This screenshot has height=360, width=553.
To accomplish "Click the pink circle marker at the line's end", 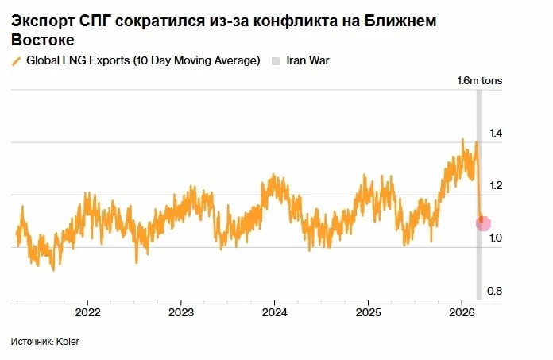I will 483,224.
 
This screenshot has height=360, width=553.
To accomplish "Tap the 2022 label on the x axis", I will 87,311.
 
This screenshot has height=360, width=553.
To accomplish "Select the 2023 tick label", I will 181,311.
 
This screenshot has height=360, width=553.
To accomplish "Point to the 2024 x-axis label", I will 274,311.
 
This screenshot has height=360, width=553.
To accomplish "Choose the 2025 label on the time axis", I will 368,311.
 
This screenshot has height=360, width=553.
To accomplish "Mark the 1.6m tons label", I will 479,81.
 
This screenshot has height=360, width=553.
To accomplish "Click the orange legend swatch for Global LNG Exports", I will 17,61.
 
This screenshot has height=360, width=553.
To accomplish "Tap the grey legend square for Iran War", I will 276,61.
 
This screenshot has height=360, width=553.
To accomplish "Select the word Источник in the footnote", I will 31,342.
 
